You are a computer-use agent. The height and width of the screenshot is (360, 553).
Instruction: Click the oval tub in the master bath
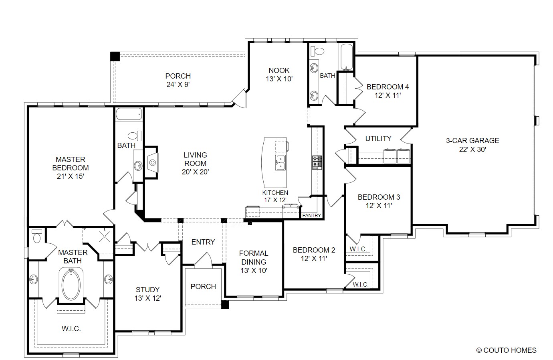pos(71,285)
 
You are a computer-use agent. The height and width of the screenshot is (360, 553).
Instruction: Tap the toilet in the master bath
pos(37,236)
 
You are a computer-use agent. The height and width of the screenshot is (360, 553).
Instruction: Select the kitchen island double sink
pos(280,163)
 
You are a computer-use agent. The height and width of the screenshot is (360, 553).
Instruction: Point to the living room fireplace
pos(152,162)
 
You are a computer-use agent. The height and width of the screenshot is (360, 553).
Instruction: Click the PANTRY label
pos(311,216)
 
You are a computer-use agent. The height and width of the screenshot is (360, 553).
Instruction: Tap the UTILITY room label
pos(378,139)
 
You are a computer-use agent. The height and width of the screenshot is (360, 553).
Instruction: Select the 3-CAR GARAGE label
pos(472,140)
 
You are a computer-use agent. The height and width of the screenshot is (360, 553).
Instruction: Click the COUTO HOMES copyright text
pos(507,350)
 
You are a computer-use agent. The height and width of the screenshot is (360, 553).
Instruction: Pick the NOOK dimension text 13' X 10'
pos(279,79)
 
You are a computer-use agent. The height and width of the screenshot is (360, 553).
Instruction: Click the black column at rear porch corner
pos(115,56)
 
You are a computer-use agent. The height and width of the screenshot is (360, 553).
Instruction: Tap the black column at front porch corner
pos(225,304)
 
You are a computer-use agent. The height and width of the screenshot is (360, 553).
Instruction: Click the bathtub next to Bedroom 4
pos(347,57)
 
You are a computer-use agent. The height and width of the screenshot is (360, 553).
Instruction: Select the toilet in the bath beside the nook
pos(317,51)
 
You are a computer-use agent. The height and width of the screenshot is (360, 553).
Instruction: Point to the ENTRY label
pos(203,242)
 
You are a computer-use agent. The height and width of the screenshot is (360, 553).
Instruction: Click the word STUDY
pos(147,289)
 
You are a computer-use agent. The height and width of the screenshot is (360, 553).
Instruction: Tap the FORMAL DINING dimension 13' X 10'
pos(254,271)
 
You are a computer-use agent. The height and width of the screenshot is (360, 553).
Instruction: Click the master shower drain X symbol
pos(105,236)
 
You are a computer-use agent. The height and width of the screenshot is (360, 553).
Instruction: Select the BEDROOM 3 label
pos(379,197)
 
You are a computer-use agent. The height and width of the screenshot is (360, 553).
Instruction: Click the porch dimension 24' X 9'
pos(178,85)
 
